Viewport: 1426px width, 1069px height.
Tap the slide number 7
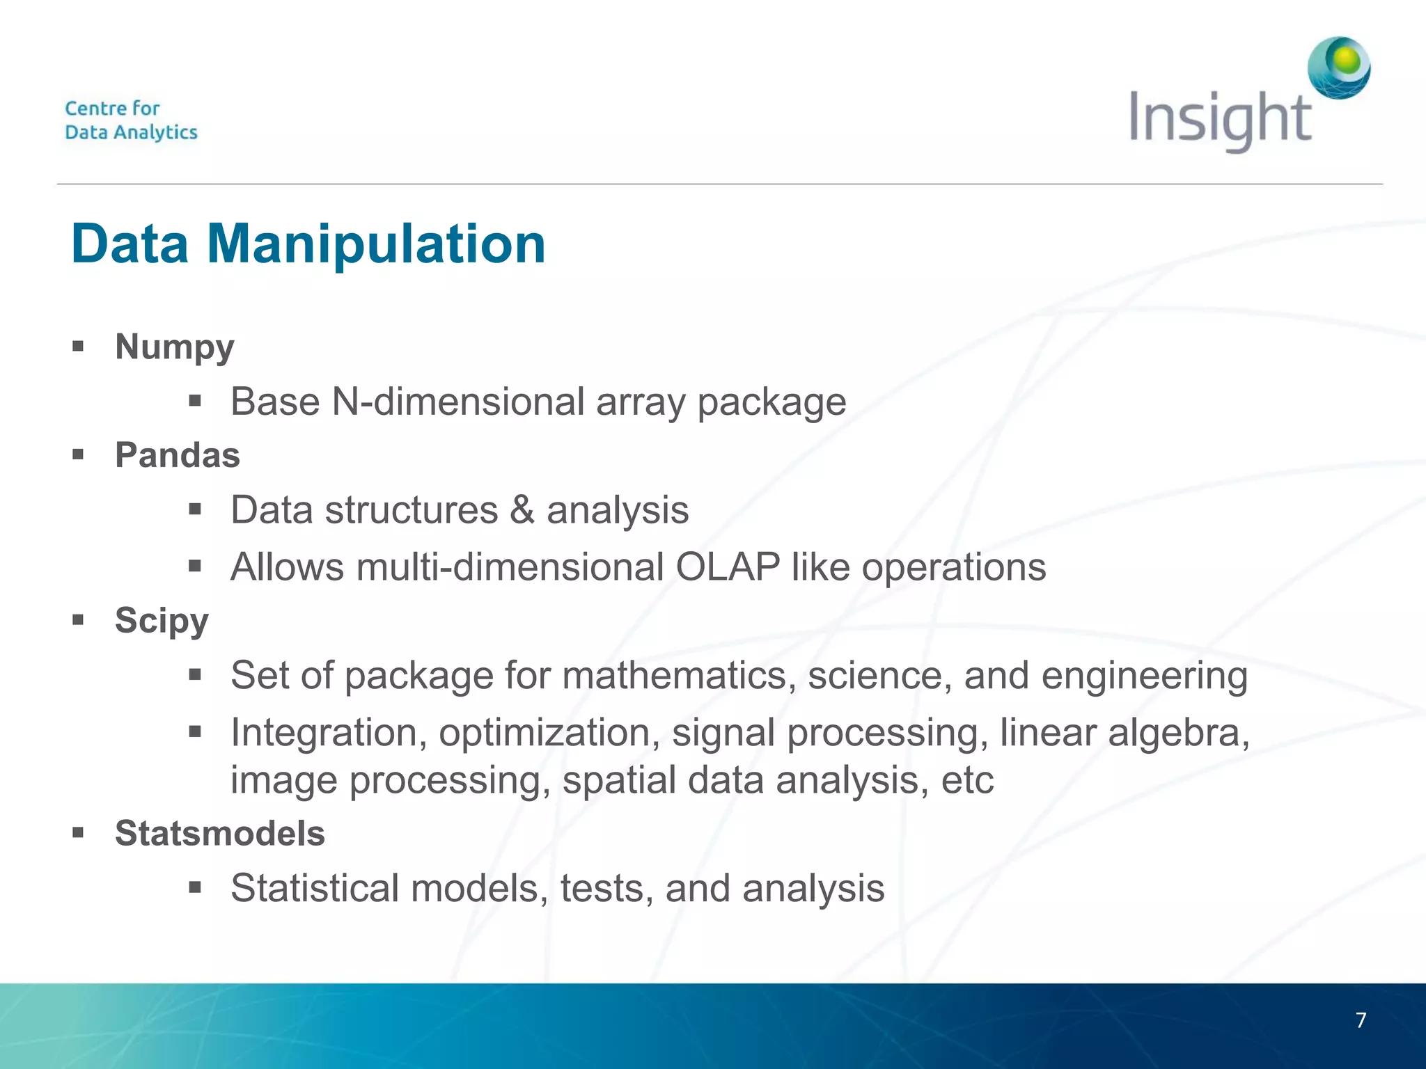(1361, 1020)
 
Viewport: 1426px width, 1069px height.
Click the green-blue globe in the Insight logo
(1338, 68)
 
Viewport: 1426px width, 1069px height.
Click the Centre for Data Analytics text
(131, 120)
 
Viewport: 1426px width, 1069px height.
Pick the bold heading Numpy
(174, 347)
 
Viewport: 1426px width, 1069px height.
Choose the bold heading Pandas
(178, 456)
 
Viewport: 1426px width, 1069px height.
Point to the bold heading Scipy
(162, 620)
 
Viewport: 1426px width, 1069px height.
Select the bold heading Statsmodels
(220, 833)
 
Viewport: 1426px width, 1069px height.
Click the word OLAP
(727, 567)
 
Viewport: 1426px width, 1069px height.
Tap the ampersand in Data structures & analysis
(522, 509)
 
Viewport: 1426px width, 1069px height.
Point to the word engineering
(1144, 676)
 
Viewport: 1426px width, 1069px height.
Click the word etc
(967, 780)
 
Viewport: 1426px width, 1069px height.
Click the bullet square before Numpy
(78, 346)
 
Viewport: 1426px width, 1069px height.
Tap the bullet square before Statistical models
(195, 887)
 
